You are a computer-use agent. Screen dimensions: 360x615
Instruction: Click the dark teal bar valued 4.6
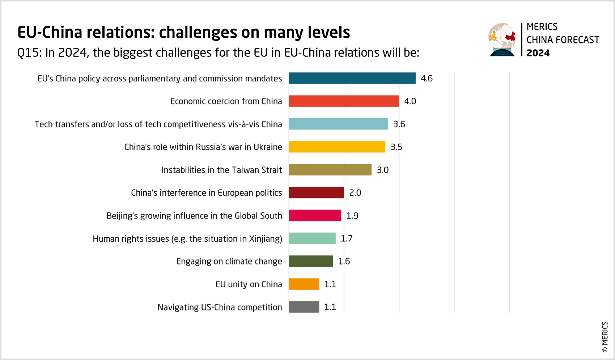tap(352, 78)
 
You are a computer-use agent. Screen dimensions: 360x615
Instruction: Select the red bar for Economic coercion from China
tap(344, 101)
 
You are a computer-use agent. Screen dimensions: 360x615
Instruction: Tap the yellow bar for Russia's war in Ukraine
tap(337, 147)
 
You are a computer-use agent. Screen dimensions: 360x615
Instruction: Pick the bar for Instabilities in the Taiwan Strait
tap(330, 170)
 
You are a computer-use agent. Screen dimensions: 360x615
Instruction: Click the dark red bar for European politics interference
tap(316, 192)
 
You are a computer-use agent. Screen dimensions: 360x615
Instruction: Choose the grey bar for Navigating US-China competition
tap(304, 307)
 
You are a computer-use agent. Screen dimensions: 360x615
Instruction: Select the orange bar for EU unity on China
tap(304, 284)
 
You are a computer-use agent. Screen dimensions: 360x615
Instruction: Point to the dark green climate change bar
tap(311, 261)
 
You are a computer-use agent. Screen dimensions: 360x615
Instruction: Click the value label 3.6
tap(399, 124)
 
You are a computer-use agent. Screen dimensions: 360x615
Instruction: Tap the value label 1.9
tap(352, 216)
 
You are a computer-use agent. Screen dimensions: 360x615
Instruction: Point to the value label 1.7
tap(347, 238)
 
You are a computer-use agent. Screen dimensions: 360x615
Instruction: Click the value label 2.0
tap(355, 192)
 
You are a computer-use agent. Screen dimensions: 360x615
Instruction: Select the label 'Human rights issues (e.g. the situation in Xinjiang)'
tap(187, 239)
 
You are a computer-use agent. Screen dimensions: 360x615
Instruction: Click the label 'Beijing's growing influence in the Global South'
tap(194, 216)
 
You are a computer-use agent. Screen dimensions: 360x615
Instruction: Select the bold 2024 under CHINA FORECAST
tap(538, 53)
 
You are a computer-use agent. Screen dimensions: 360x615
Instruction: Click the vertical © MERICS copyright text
tap(605, 336)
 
